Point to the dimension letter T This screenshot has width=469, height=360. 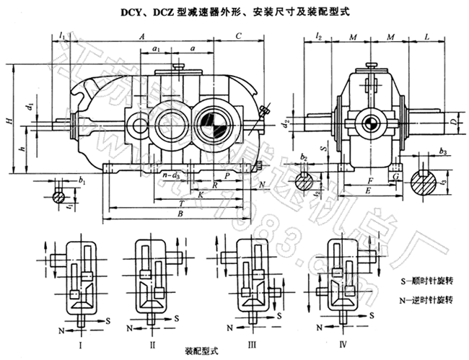[179, 204]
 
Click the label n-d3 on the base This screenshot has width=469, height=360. [171, 175]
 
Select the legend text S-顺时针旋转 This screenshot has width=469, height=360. [425, 277]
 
